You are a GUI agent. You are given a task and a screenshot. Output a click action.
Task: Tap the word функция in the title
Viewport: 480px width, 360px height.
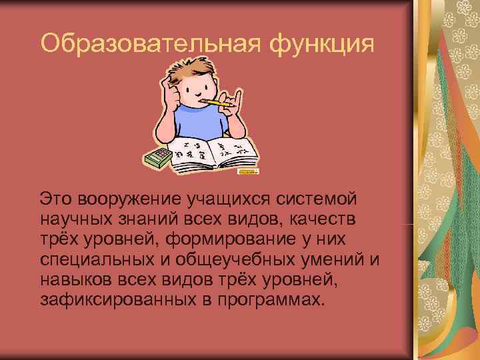(319, 45)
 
